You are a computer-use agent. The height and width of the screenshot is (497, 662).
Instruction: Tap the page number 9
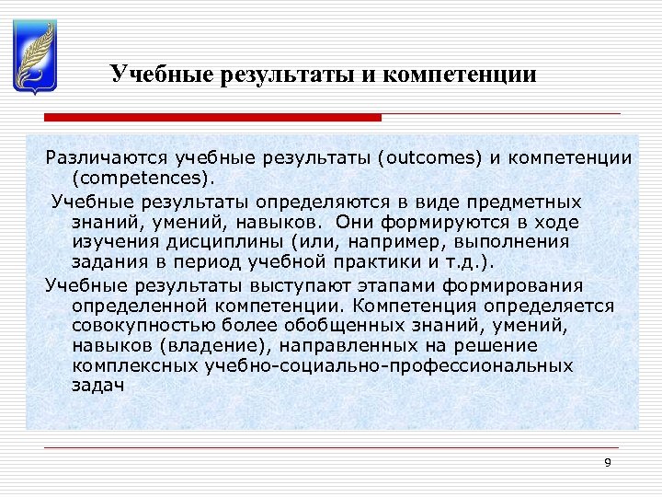pos(607,462)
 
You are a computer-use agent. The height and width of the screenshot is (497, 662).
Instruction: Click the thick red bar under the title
pos(212,118)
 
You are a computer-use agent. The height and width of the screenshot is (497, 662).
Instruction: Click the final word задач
pos(97,387)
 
